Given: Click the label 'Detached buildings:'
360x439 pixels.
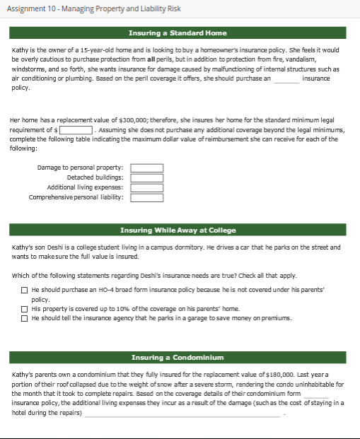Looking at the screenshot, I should (95, 177).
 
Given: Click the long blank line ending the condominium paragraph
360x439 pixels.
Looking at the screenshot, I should (184, 414).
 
